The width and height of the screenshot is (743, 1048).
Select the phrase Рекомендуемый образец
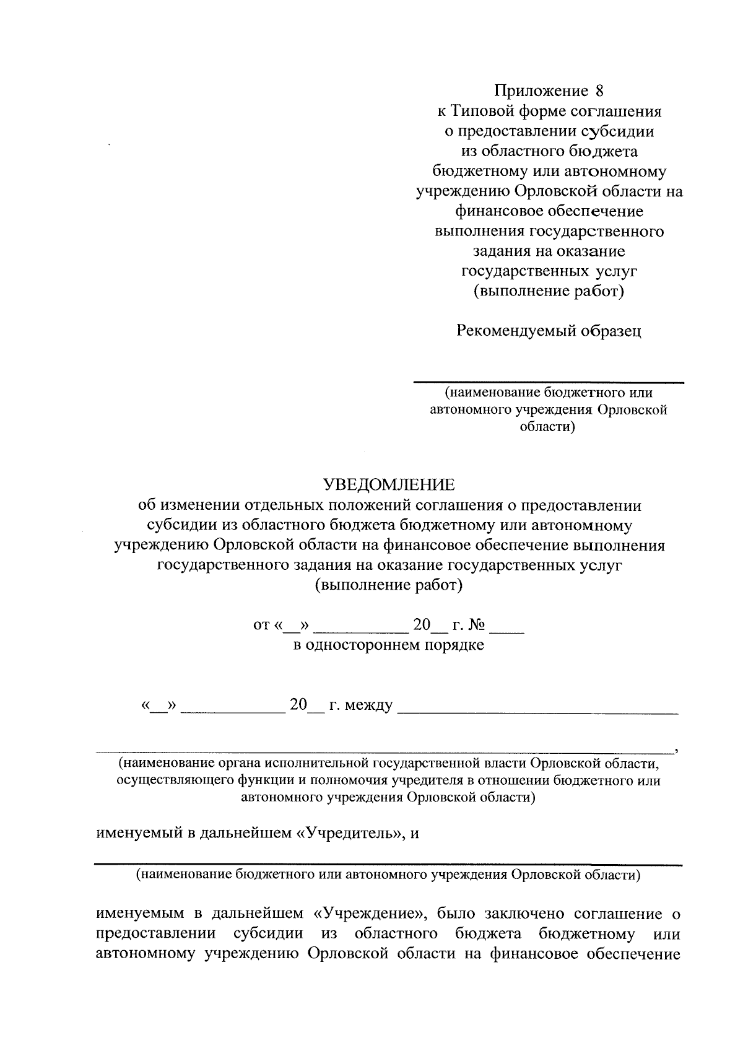click(x=549, y=331)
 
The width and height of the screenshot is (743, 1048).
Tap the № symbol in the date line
click(x=475, y=625)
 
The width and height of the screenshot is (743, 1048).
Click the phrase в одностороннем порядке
click(x=388, y=645)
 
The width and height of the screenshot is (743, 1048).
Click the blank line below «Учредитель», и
click(x=388, y=863)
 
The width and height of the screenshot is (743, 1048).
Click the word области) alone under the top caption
click(x=548, y=427)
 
